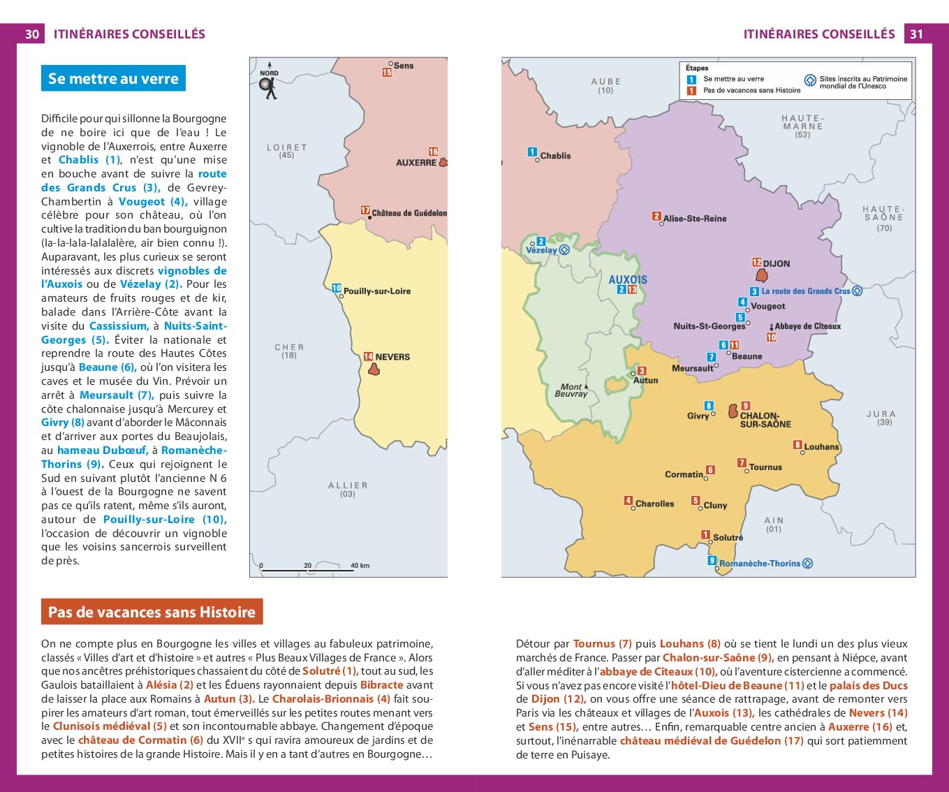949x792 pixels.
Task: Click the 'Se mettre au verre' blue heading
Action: click(x=113, y=79)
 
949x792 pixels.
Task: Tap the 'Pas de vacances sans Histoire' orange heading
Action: click(x=152, y=612)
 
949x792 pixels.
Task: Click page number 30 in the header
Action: click(x=32, y=34)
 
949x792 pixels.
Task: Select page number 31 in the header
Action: click(x=916, y=34)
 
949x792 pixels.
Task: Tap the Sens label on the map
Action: click(x=403, y=66)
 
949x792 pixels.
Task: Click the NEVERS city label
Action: click(x=392, y=357)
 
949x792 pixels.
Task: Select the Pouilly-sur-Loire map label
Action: click(x=376, y=291)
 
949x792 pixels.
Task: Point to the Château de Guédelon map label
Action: click(x=409, y=213)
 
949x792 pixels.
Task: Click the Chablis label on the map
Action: click(x=555, y=156)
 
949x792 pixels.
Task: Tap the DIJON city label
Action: click(x=777, y=264)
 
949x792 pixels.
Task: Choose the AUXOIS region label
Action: click(x=628, y=279)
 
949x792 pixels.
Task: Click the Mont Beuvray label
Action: click(x=571, y=390)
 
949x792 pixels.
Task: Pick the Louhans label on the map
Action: click(x=821, y=447)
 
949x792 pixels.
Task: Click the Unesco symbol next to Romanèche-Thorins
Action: click(x=808, y=564)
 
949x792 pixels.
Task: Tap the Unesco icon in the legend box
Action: click(x=810, y=80)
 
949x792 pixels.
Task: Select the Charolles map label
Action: click(x=654, y=504)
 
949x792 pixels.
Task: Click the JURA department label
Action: click(x=884, y=414)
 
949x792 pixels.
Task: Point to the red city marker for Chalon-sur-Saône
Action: click(x=733, y=411)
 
